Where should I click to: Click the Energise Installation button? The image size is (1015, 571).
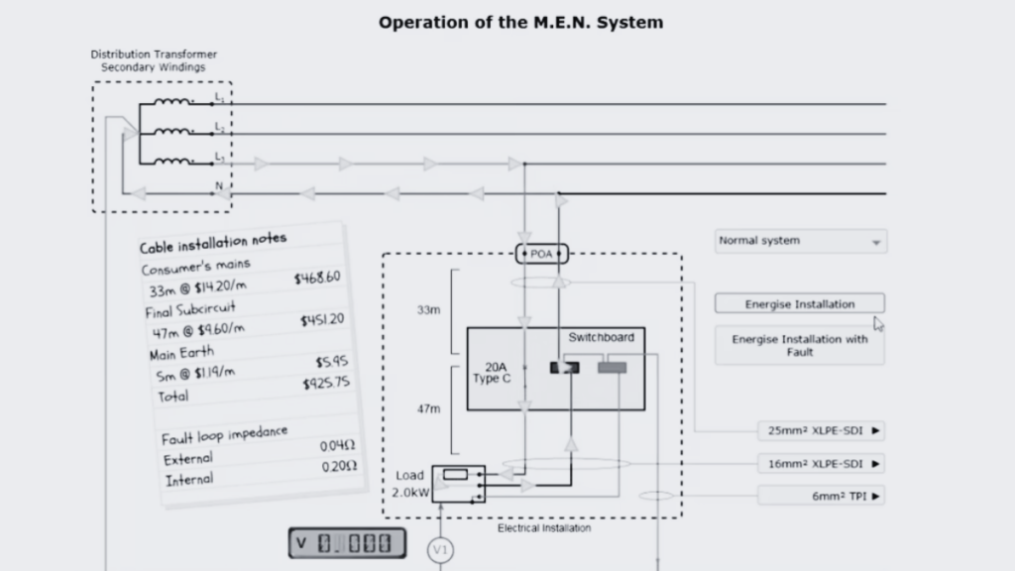[799, 304]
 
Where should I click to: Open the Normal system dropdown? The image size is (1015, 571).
[801, 241]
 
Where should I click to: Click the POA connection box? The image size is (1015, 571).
[541, 255]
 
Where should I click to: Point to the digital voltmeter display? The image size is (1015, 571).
[347, 543]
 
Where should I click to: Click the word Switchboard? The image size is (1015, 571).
[601, 338]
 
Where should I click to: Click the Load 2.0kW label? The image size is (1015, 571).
[409, 484]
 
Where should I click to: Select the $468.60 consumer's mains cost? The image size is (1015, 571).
[317, 279]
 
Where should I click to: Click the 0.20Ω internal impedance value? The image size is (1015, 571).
[339, 467]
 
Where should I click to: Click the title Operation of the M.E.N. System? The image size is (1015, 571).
[520, 22]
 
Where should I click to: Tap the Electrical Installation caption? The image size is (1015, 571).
[544, 528]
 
